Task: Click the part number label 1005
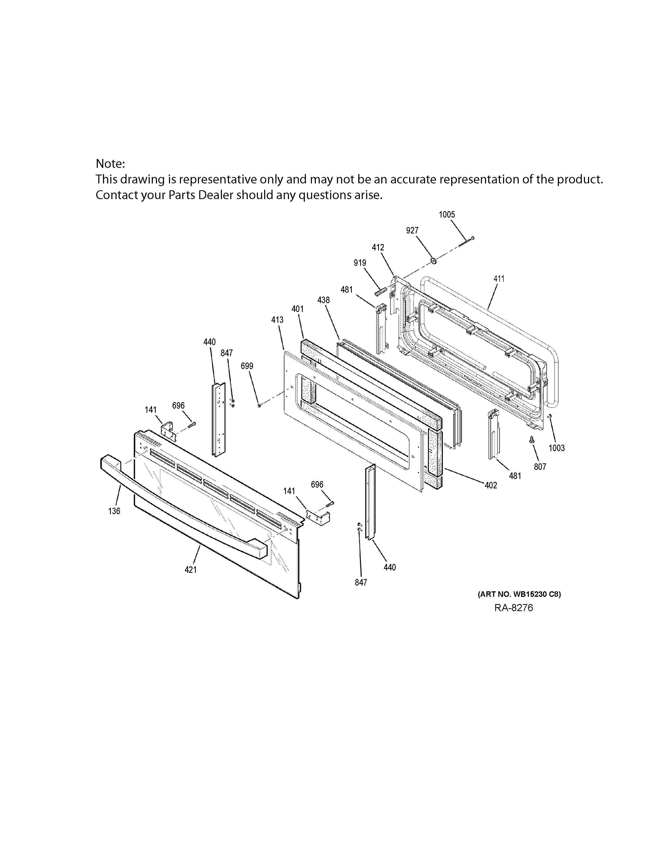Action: tap(447, 214)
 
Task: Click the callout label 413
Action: tap(277, 320)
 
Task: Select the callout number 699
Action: tap(247, 366)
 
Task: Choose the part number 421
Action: tap(191, 570)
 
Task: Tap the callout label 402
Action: tap(491, 486)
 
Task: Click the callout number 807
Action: tap(540, 467)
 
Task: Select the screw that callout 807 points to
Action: tap(532, 440)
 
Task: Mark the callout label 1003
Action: tap(557, 448)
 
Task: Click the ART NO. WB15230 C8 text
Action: tap(519, 594)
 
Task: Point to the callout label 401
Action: tap(298, 309)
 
